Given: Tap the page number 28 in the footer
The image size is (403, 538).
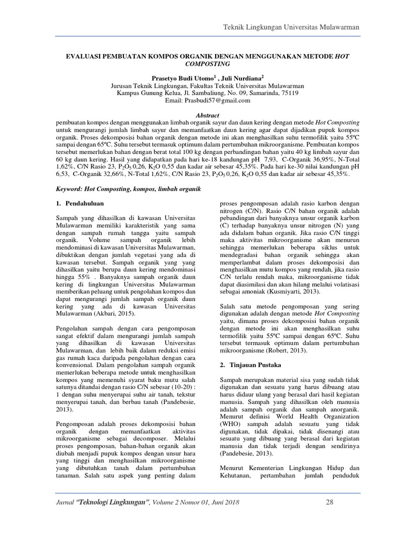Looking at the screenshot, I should click(330, 503).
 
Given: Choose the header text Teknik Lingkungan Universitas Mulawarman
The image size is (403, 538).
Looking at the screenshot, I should click(291, 27).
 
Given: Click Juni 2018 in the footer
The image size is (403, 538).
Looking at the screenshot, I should click(222, 503).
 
